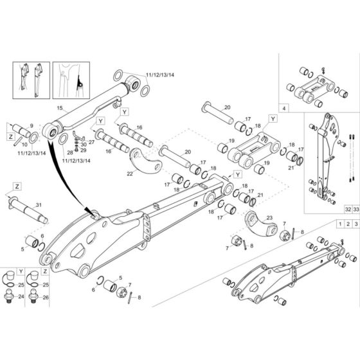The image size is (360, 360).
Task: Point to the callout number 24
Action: coord(21,297)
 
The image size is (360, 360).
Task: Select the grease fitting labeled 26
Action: coord(33,298)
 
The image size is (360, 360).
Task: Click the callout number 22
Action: coord(130,173)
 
